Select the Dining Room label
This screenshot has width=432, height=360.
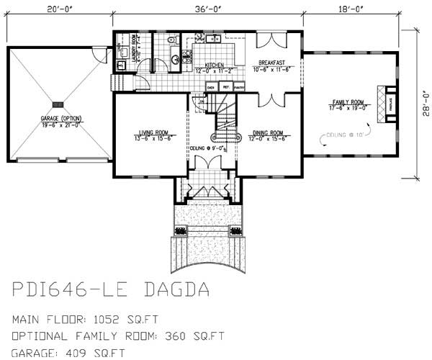coord(267,132)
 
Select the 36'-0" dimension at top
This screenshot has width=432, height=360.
coord(207,10)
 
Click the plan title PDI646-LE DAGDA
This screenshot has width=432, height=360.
coord(111,290)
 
